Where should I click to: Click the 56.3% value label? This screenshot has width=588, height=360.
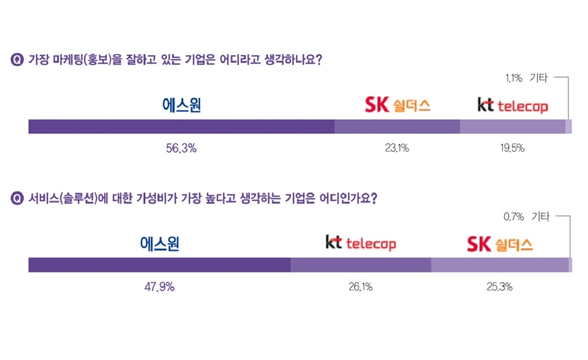click(x=181, y=149)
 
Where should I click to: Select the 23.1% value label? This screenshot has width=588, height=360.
click(x=397, y=149)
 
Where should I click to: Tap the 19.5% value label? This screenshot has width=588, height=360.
click(x=512, y=149)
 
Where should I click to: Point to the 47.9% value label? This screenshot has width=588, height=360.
click(x=159, y=287)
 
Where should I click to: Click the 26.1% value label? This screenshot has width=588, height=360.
click(x=360, y=287)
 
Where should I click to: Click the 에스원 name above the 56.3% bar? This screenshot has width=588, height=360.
click(x=182, y=105)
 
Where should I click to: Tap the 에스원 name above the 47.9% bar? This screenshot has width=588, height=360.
click(x=160, y=244)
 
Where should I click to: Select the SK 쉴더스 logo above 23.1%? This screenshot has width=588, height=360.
click(x=397, y=105)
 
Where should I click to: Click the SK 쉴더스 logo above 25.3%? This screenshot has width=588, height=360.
click(x=500, y=244)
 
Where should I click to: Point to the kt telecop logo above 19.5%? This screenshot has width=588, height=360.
click(x=512, y=106)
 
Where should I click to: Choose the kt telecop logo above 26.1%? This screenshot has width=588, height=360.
click(x=360, y=243)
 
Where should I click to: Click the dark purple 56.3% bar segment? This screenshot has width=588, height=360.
click(x=181, y=126)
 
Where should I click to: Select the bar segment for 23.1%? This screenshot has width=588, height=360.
click(x=397, y=126)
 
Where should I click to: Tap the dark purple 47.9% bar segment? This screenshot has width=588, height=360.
click(x=159, y=265)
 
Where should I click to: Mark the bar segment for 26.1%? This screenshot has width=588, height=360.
click(x=360, y=265)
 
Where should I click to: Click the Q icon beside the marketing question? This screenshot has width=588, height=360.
click(x=17, y=59)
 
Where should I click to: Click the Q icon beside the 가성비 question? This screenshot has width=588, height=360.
click(x=17, y=198)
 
